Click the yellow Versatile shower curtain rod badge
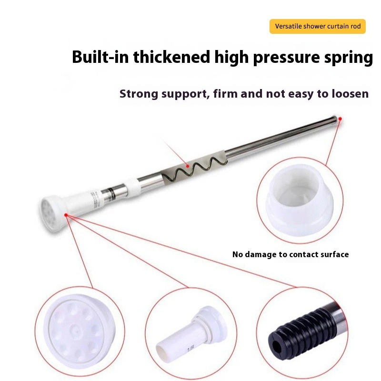[318, 26]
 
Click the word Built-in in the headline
[100, 58]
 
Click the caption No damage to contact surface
[291, 254]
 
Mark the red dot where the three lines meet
[67, 215]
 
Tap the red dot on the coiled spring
[188, 166]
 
